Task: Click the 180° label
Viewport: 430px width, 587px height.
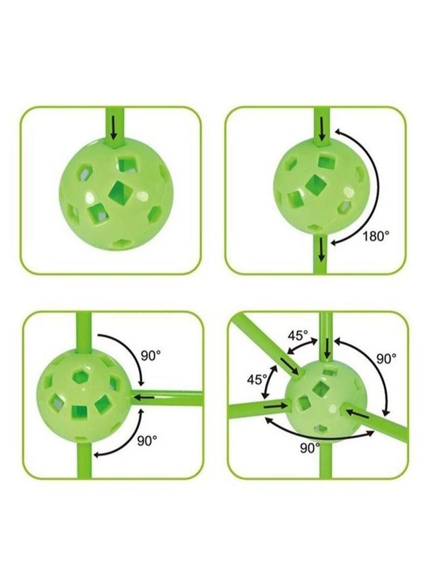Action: [376, 236]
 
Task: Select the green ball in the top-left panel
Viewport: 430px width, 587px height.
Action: [111, 194]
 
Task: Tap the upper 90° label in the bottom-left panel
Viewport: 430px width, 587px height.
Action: [151, 355]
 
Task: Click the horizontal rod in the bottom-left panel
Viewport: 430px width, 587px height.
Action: [166, 398]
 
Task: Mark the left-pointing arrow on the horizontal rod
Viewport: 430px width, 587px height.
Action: [143, 397]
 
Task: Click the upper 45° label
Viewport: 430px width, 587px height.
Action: [298, 335]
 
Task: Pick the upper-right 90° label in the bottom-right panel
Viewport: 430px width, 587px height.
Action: [386, 359]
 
